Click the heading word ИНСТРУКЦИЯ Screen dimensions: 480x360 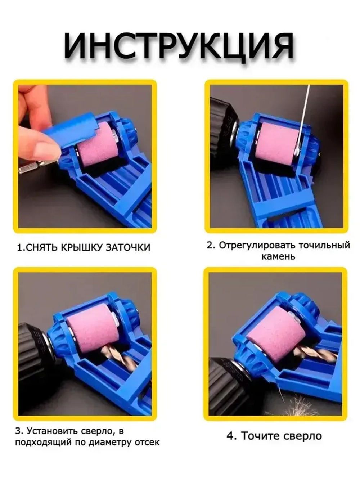coord(179,47)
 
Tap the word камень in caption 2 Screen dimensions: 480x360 coord(278,257)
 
